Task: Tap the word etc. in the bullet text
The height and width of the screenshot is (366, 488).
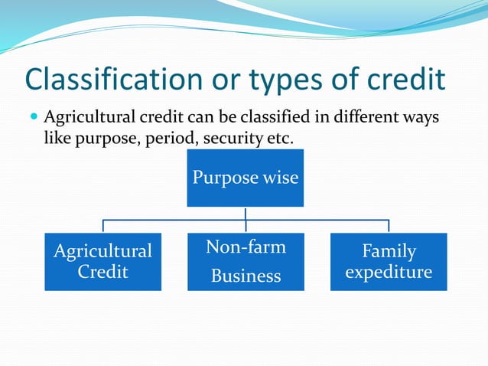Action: (276, 139)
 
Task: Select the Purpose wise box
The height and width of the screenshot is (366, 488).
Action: (245, 178)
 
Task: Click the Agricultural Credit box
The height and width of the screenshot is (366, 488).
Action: (102, 261)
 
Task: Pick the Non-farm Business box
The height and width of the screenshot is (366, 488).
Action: (246, 261)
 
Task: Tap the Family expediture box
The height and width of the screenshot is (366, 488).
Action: (389, 261)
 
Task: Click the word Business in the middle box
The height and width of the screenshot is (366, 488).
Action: (246, 276)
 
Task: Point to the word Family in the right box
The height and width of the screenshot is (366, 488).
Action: (389, 251)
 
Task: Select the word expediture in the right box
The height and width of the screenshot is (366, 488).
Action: (389, 272)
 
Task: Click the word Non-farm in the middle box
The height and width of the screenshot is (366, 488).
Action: (246, 247)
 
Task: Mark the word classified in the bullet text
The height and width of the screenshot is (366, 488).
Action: (273, 119)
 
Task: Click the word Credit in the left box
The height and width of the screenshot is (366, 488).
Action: (102, 272)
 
